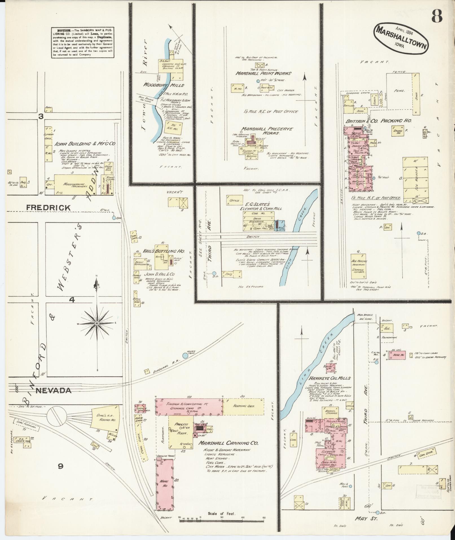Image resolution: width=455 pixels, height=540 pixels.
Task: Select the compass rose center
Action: [x=97, y=323]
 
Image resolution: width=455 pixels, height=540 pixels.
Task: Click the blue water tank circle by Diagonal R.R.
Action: [x=185, y=356]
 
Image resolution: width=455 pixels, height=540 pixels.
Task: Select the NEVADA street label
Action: [x=53, y=390]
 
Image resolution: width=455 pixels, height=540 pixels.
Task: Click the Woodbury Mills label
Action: [x=164, y=85]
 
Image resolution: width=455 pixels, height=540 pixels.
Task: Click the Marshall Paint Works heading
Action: [x=264, y=73]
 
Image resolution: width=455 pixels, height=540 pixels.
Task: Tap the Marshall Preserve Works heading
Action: [x=267, y=131]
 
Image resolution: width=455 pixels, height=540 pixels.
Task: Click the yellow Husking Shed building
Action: [x=243, y=406]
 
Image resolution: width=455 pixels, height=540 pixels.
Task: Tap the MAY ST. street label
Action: [x=363, y=519]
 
